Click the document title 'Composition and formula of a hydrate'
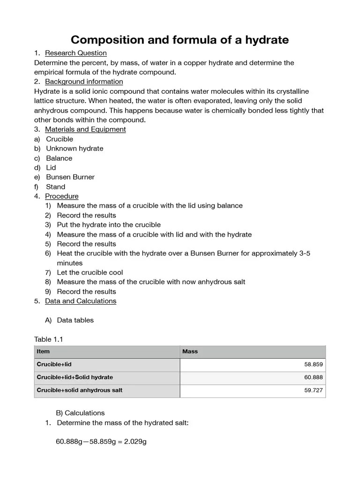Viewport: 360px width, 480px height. [x=180, y=40]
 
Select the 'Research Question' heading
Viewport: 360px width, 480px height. [x=75, y=53]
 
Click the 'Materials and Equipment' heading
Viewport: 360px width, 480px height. [x=85, y=129]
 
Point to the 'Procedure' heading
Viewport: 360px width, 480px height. [x=61, y=196]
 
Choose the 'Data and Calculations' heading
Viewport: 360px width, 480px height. [x=80, y=301]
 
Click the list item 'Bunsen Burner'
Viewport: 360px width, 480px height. [x=70, y=177]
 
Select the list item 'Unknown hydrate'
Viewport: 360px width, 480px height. [x=75, y=149]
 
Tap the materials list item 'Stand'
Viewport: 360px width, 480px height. [x=55, y=187]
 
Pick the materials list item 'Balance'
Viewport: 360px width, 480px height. [x=59, y=158]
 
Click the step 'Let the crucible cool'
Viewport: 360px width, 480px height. [x=90, y=272]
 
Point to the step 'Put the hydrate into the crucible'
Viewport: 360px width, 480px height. [x=109, y=225]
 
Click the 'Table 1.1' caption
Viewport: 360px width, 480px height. [x=48, y=339]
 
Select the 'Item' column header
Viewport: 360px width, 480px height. [x=43, y=352]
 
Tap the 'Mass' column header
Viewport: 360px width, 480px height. [x=190, y=352]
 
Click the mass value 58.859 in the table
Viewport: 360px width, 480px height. [x=313, y=364]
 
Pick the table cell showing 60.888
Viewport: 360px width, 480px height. [x=313, y=377]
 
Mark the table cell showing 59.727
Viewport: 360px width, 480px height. [x=313, y=390]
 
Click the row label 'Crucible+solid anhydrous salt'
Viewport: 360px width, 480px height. [x=79, y=390]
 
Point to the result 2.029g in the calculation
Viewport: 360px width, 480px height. [x=135, y=442]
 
